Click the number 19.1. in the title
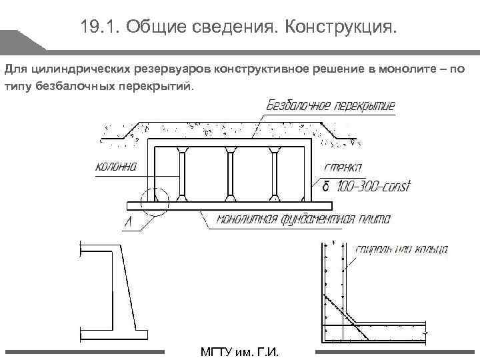tap(98, 27)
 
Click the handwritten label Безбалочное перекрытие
tap(331, 105)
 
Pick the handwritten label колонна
tap(115, 167)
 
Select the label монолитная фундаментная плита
tap(303, 219)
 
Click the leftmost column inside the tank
tap(182, 174)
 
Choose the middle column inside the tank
tap(229, 174)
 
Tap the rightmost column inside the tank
tap(274, 174)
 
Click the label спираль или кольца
tap(402, 250)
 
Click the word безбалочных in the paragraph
tap(67, 86)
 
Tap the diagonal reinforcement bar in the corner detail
tap(347, 313)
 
